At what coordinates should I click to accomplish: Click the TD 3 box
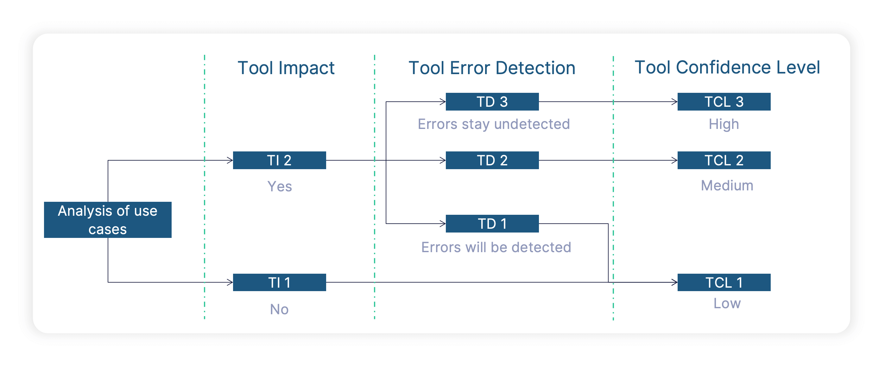[x=492, y=102]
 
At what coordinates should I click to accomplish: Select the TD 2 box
[x=492, y=160]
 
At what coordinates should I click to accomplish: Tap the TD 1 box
[x=492, y=224]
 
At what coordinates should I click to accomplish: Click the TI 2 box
[x=279, y=160]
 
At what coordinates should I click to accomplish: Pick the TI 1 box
[x=279, y=282]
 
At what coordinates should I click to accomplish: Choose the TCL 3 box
[x=724, y=102]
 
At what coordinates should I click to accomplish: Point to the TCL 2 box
[x=724, y=160]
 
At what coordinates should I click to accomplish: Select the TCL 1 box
[x=724, y=282]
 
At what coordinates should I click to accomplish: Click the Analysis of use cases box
[x=107, y=220]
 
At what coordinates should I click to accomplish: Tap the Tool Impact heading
[x=286, y=67]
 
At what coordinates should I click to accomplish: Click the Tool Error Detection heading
[x=492, y=67]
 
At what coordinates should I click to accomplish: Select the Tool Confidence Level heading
[x=727, y=67]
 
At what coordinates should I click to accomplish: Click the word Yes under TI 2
[x=280, y=186]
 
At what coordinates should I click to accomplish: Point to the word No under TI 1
[x=279, y=309]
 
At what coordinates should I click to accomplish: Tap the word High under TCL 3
[x=724, y=124]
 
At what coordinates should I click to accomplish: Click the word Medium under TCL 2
[x=727, y=186]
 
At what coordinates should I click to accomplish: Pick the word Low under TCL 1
[x=727, y=303]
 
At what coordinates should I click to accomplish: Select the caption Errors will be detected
[x=496, y=247]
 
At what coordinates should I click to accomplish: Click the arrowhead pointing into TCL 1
[x=674, y=282]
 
